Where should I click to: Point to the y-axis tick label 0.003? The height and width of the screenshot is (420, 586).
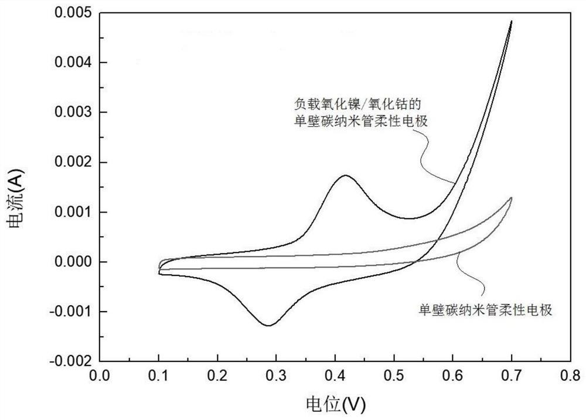pos(74,112)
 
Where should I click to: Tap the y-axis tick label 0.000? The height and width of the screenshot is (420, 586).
pos(74,261)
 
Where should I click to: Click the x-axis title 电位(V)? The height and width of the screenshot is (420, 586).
pos(335,403)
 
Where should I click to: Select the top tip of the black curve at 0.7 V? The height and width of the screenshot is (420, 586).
pos(512,21)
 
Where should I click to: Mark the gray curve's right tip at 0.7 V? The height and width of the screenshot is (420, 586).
pos(512,198)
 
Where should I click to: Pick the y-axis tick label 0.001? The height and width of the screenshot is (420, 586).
pos(74,211)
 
